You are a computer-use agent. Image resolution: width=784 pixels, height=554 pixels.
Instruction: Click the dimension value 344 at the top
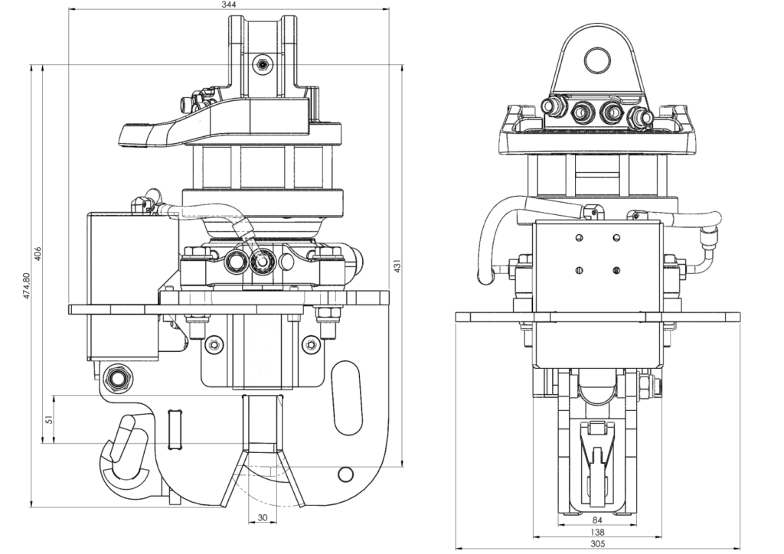pos(228,5)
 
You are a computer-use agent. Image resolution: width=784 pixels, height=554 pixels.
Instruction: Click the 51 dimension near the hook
pos(48,419)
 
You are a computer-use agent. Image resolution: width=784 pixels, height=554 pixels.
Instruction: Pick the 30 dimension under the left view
pos(262,518)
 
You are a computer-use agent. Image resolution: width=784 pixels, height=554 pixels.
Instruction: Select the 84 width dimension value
pos(598,520)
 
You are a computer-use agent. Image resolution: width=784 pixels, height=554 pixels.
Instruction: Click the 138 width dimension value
pos(598,532)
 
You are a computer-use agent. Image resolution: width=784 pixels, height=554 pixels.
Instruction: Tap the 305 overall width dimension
pos(598,544)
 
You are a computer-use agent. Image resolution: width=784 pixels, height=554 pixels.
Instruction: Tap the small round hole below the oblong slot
pos(346,474)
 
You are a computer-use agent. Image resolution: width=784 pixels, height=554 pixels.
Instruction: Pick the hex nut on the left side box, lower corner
pos(119,377)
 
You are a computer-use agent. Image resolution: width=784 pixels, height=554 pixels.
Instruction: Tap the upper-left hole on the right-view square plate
pos(580,236)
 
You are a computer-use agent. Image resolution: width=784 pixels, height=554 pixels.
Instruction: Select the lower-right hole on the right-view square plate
pos(616,269)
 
